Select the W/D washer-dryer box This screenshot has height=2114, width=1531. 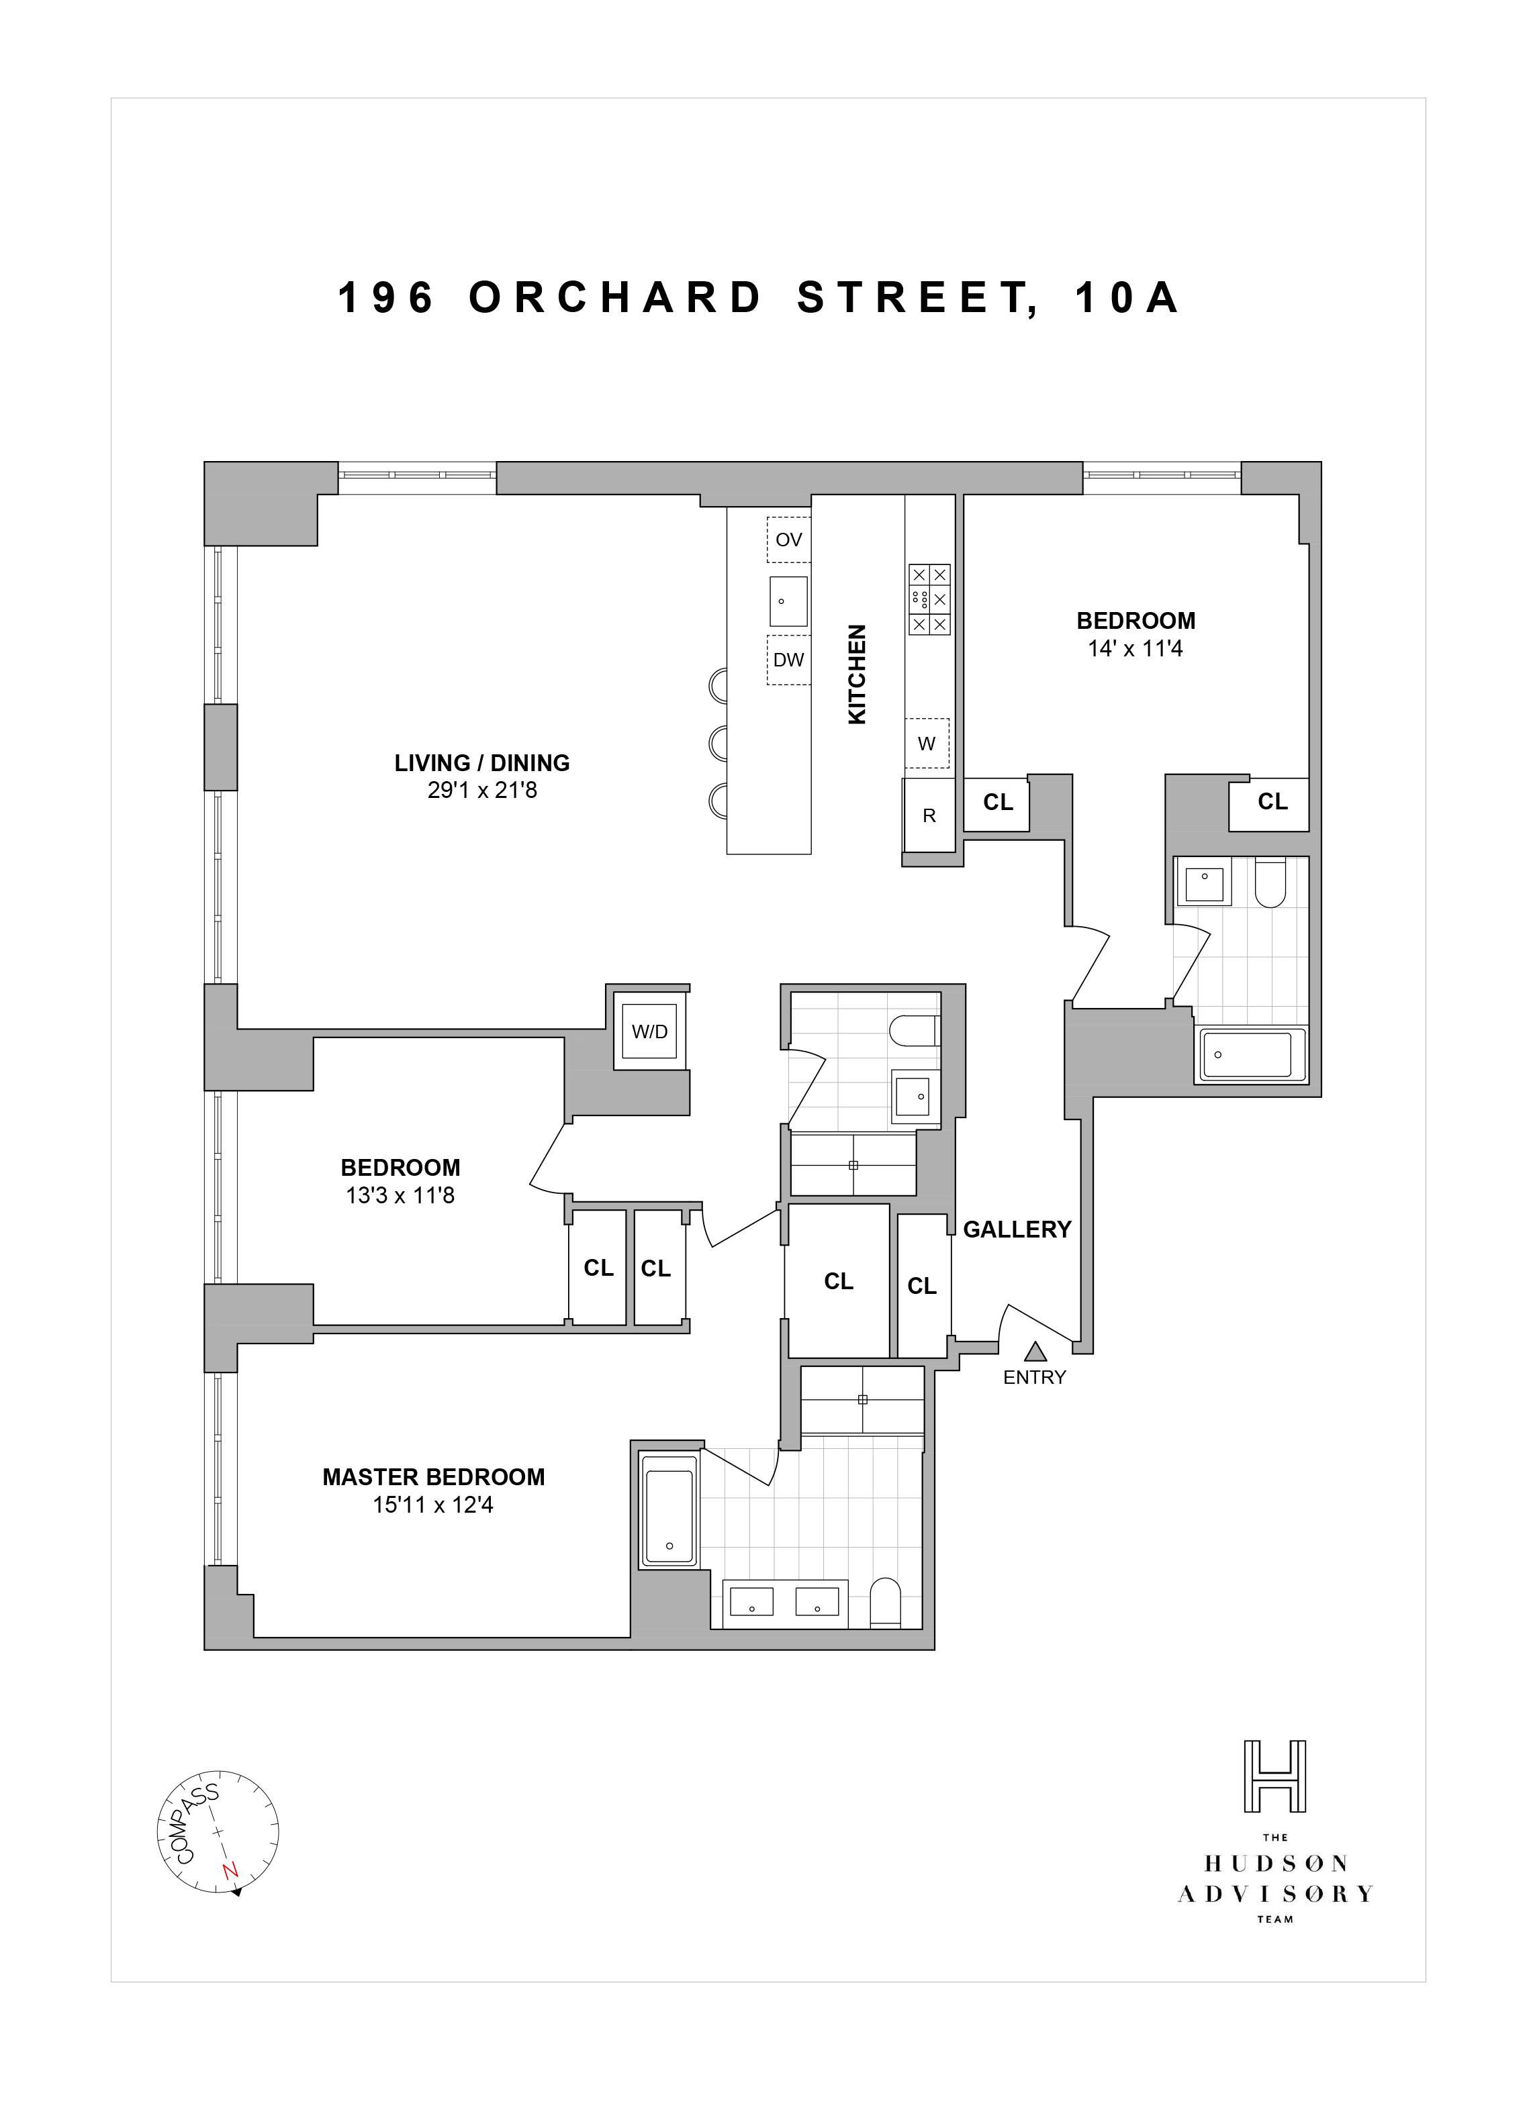(650, 1032)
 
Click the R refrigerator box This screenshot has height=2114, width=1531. (929, 815)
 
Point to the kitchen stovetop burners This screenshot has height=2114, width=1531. (929, 599)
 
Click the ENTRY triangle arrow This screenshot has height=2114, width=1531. (1035, 1352)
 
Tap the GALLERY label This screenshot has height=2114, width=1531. (1017, 1229)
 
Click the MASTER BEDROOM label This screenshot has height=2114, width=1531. (434, 1477)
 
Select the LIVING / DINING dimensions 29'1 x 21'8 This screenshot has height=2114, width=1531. (482, 791)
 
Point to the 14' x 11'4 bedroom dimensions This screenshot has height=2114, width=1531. (1135, 649)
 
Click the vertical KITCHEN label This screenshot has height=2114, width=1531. (857, 674)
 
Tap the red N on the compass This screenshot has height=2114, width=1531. (230, 1871)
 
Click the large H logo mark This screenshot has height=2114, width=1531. (1274, 1776)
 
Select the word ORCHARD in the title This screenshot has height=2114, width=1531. (615, 298)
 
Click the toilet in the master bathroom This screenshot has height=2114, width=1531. (884, 1603)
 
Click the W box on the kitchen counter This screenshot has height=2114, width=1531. (927, 744)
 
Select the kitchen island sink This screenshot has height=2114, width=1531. (788, 601)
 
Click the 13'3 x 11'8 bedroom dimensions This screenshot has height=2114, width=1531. (400, 1196)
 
